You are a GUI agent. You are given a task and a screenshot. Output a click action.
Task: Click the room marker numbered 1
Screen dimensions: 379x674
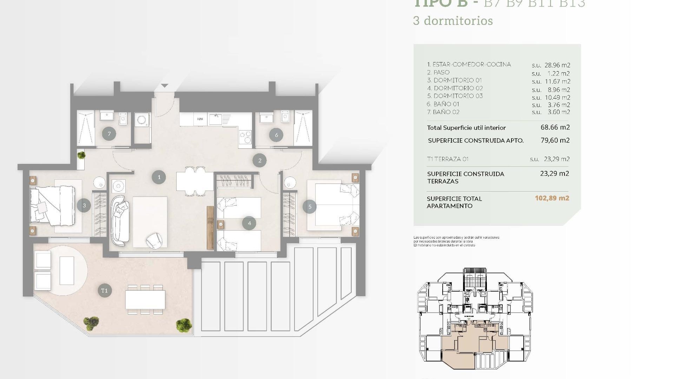tap(159, 177)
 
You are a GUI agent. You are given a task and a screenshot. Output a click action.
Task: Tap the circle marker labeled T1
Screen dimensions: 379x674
tap(104, 291)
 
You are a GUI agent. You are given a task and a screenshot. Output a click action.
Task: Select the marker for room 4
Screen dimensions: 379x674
tap(249, 223)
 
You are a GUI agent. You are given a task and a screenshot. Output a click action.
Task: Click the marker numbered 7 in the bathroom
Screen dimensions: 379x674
tap(109, 134)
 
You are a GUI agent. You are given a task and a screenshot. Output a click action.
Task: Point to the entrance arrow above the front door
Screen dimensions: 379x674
tap(165, 86)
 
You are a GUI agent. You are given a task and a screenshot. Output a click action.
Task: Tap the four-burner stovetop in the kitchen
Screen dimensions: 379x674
tap(245, 137)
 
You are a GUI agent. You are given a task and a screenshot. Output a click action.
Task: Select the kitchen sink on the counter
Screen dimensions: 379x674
tap(215, 119)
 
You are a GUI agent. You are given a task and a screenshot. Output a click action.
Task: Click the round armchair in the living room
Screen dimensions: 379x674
tap(154, 240)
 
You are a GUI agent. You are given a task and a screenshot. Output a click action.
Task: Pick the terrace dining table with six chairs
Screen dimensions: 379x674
tap(145, 299)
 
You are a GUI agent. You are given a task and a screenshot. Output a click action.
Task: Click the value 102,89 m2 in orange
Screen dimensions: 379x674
tap(552, 198)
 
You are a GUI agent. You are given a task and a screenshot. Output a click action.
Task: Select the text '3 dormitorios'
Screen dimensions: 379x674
tap(453, 21)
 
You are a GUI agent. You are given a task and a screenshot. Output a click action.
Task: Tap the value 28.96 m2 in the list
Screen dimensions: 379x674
tap(557, 65)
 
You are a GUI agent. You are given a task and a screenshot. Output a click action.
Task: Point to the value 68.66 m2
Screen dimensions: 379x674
tap(555, 127)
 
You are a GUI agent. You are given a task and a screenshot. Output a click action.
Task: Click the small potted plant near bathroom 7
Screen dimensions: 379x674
tap(81, 155)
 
